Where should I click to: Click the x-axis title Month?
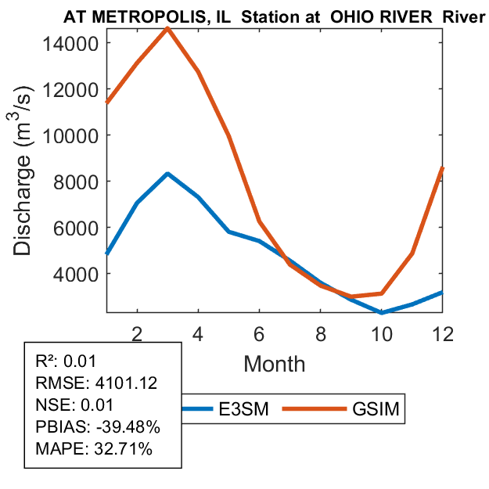coord(275,364)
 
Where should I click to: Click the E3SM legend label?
coord(245,408)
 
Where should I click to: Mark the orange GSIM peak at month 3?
coord(167,28)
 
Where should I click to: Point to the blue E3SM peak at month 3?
coord(167,174)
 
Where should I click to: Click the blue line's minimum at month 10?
coord(383,312)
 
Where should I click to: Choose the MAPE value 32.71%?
coord(119,450)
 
